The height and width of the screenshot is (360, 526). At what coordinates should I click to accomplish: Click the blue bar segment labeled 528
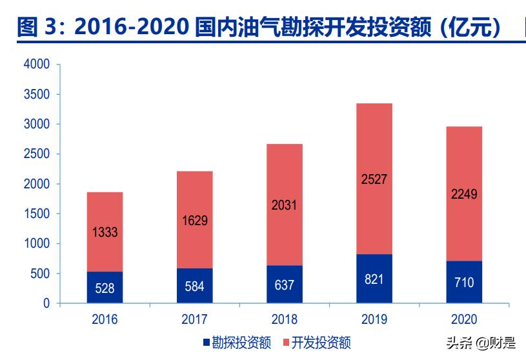(105, 288)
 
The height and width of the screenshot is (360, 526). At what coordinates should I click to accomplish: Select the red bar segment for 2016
(105, 232)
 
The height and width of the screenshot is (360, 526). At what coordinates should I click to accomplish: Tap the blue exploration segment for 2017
(194, 286)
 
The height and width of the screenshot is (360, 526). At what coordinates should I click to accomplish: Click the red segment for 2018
(284, 205)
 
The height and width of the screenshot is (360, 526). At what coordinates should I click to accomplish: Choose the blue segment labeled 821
(374, 279)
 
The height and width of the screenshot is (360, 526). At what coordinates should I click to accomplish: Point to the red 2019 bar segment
(374, 179)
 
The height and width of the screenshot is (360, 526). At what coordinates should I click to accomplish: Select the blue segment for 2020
(463, 282)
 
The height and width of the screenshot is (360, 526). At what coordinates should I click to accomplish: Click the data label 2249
(463, 194)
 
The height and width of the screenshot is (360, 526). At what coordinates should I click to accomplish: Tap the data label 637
(284, 285)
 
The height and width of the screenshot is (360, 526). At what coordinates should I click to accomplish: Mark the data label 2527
(374, 179)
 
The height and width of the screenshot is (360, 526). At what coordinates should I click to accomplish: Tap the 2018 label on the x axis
(284, 319)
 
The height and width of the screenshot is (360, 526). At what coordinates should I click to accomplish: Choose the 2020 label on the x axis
(463, 319)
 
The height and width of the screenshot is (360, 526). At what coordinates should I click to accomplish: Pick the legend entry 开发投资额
(316, 343)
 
